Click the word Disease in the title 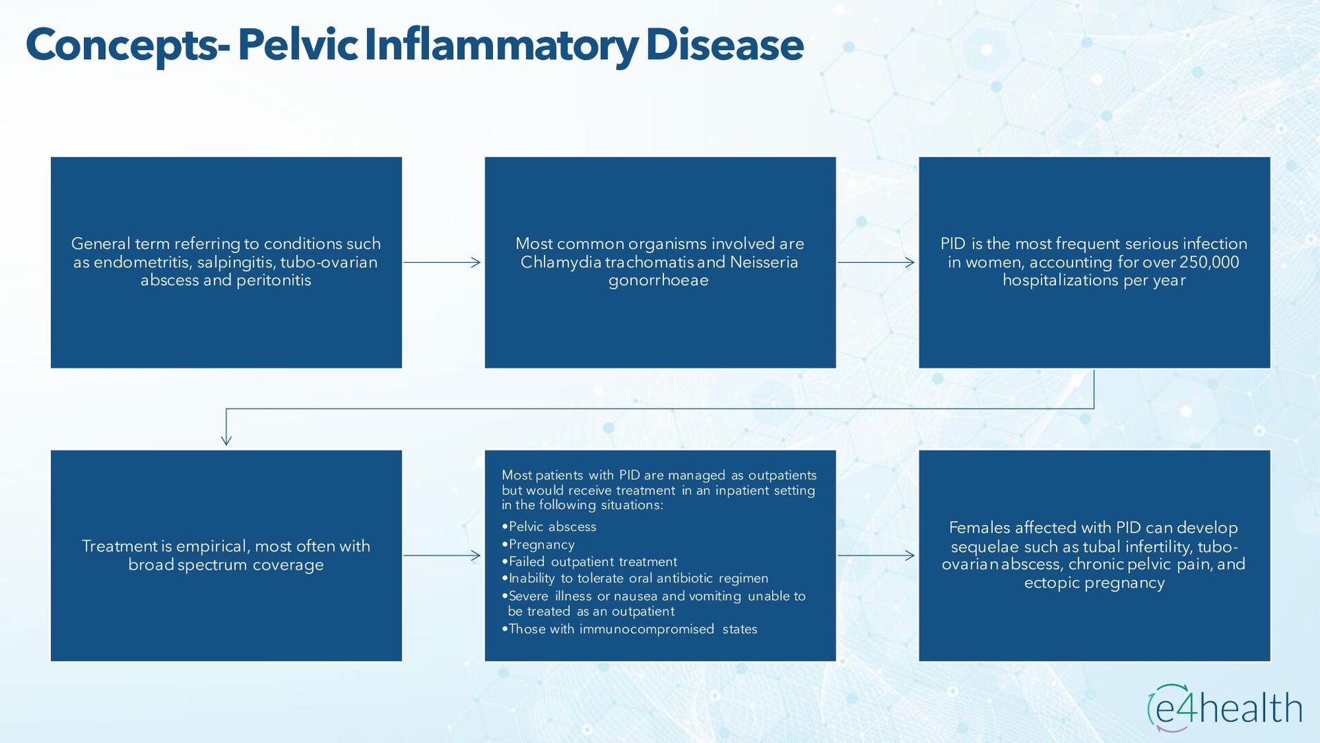(x=725, y=45)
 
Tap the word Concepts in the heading (x=121, y=45)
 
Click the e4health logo (x=1224, y=708)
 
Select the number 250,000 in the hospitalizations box (x=1209, y=262)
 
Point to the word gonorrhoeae (x=659, y=281)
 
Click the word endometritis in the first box (x=142, y=262)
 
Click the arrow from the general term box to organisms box (x=442, y=262)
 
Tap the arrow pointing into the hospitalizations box (x=877, y=262)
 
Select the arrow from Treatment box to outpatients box (x=442, y=555)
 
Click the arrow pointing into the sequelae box (x=877, y=555)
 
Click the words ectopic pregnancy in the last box (x=1094, y=583)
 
